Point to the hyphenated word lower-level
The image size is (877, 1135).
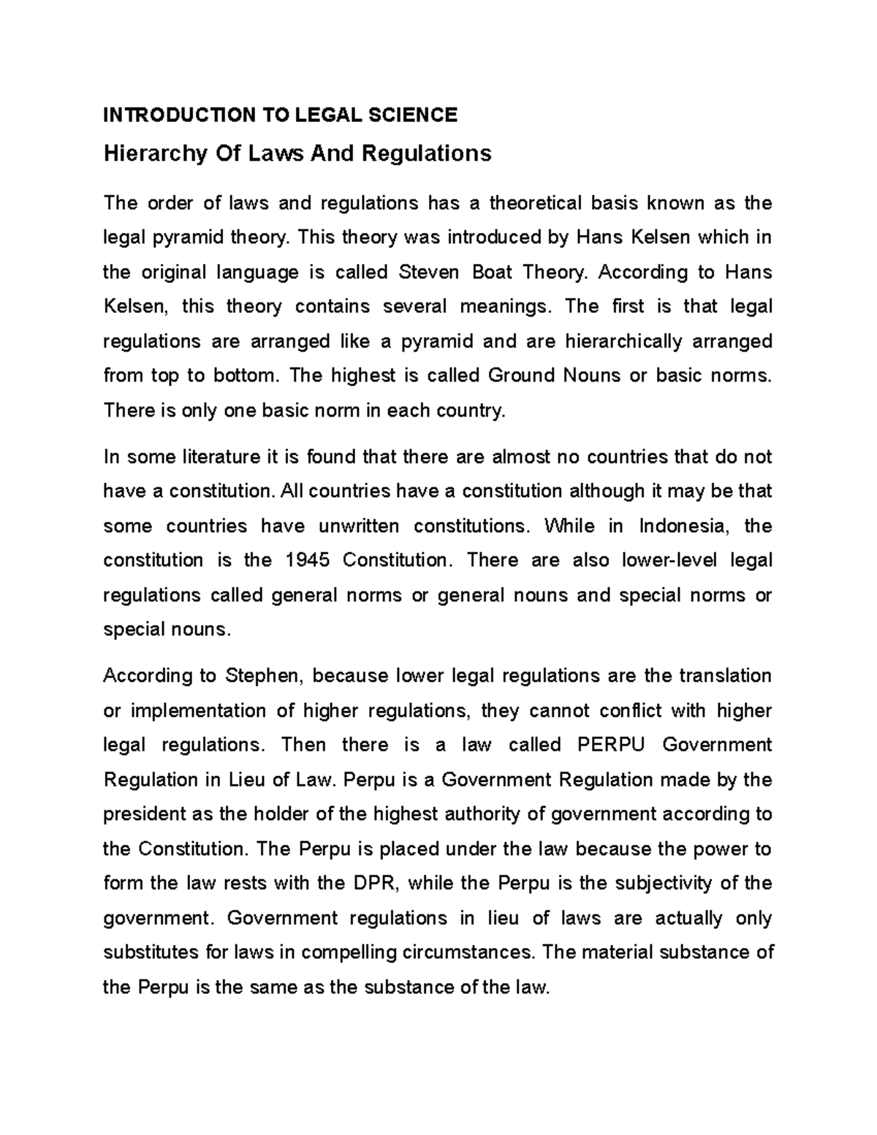coord(668,561)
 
